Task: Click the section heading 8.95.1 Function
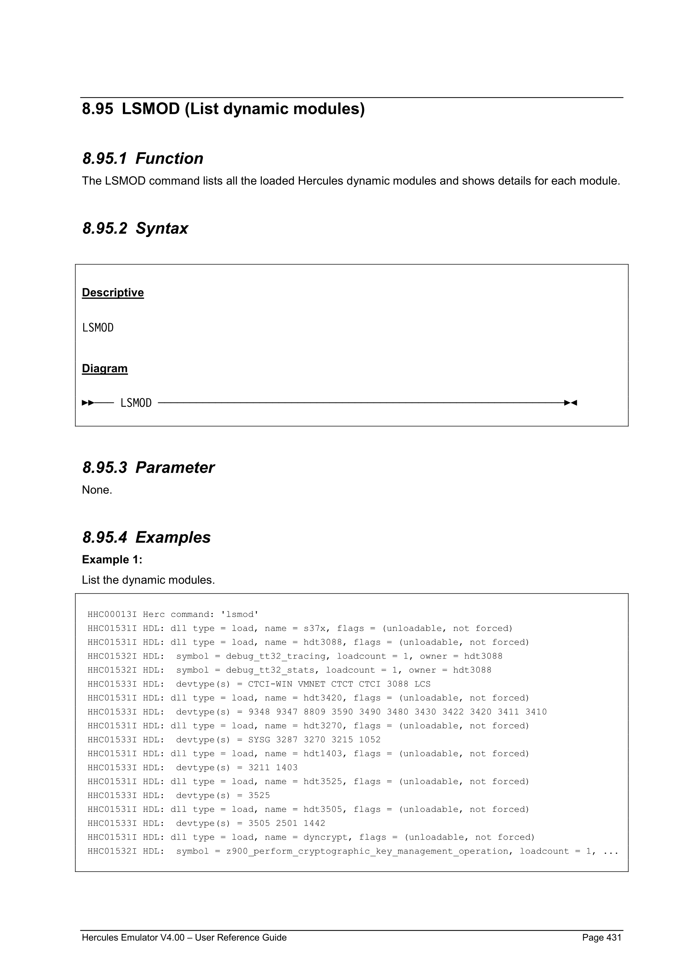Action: (143, 159)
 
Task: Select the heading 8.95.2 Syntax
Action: (135, 229)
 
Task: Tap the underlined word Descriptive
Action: (113, 293)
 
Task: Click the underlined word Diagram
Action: (105, 368)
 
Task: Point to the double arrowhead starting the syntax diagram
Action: (88, 403)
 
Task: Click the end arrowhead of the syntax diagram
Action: (571, 403)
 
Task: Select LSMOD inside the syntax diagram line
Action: (136, 403)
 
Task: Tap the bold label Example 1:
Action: (112, 559)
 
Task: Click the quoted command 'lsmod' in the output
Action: (240, 614)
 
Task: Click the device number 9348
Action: (259, 712)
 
